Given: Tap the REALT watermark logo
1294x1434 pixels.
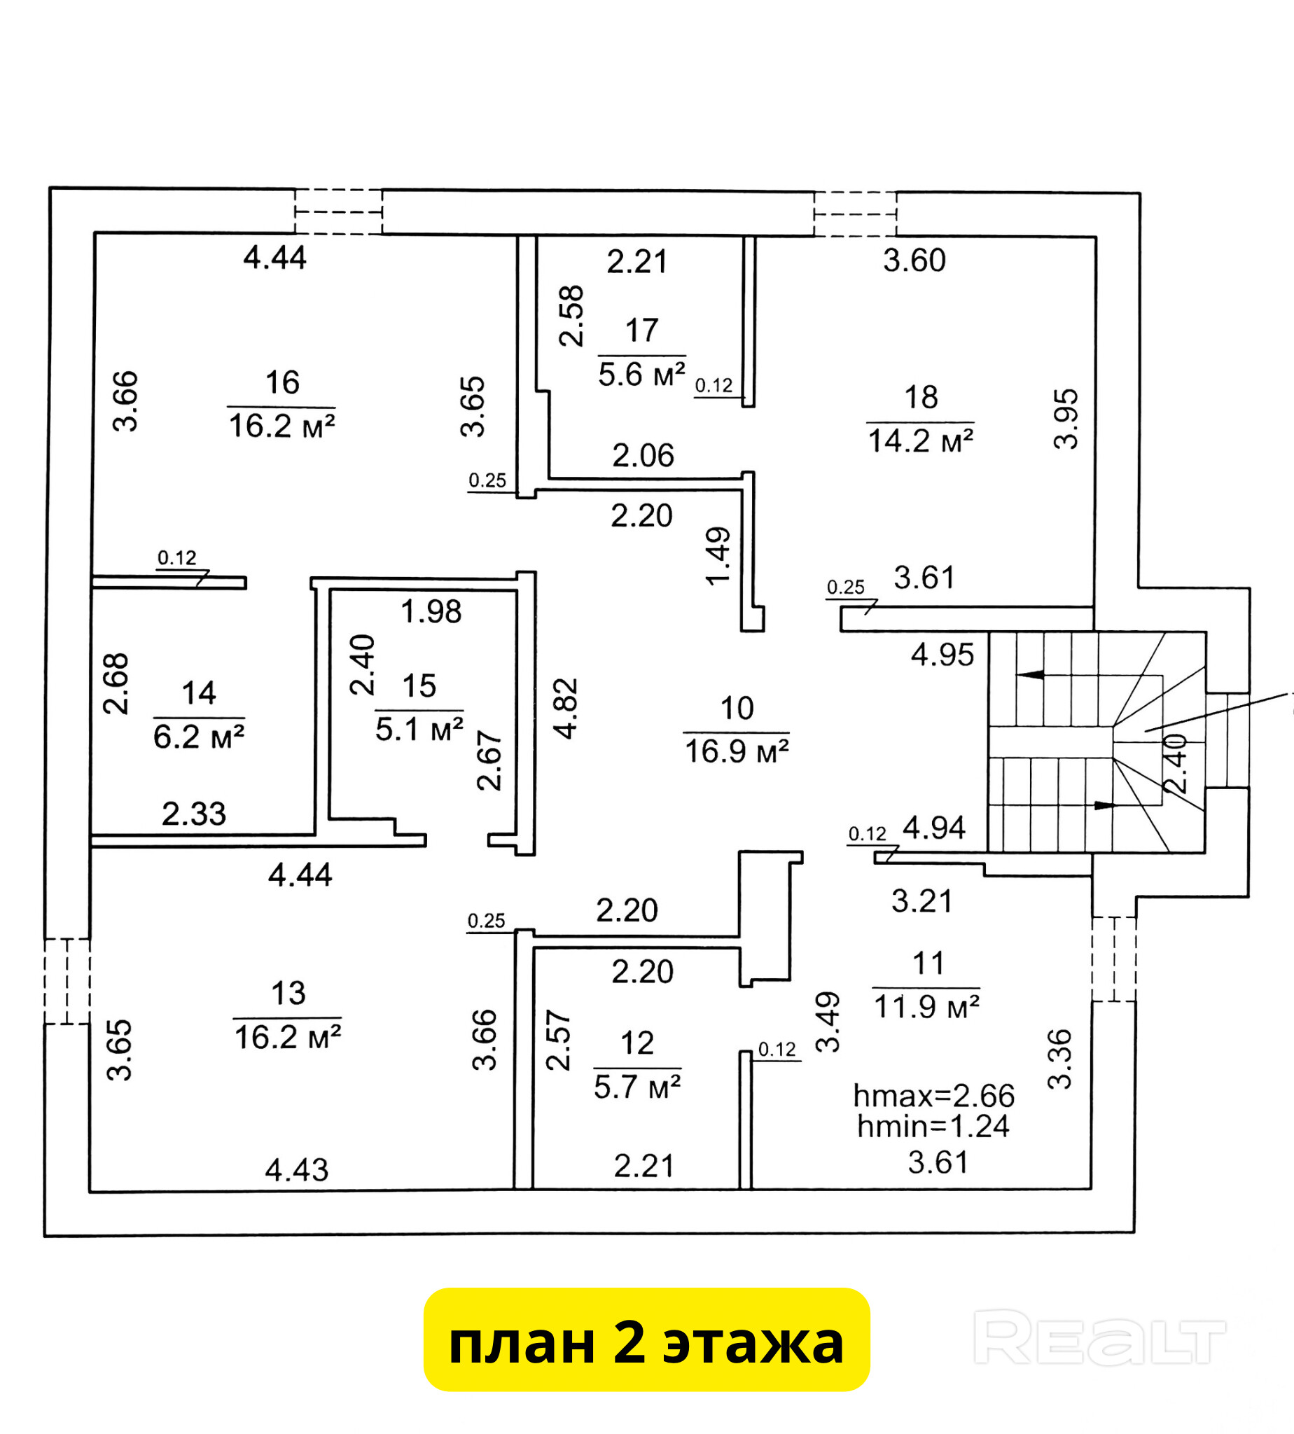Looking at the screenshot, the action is (x=1099, y=1338).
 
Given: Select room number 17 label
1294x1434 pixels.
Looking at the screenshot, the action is (x=641, y=330).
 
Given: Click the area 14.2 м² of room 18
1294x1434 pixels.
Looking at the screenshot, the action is (x=920, y=441).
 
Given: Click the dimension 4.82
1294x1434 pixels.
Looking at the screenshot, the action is (x=566, y=709).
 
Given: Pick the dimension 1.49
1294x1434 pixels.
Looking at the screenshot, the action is (x=718, y=556).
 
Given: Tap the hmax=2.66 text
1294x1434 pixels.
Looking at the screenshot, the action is (x=933, y=1096).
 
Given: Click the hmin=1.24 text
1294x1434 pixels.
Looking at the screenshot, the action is (x=933, y=1126).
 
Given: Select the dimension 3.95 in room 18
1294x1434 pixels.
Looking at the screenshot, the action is (x=1066, y=419).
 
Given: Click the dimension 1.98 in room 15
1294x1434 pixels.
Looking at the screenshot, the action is (x=431, y=611).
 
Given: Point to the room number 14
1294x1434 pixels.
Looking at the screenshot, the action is (x=198, y=693).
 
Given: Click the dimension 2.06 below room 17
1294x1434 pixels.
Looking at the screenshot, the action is (x=643, y=456).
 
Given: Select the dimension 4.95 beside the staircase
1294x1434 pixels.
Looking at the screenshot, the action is (x=942, y=655).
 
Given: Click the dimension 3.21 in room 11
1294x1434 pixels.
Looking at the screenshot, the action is (x=921, y=901).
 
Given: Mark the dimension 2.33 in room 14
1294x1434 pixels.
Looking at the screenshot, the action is (x=193, y=814).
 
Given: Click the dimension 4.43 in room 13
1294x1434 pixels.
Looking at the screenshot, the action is (x=296, y=1170).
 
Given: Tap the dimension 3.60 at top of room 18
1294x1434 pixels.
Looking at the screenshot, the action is (x=914, y=261).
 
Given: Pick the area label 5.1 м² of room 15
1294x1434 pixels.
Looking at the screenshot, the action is (x=419, y=730).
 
